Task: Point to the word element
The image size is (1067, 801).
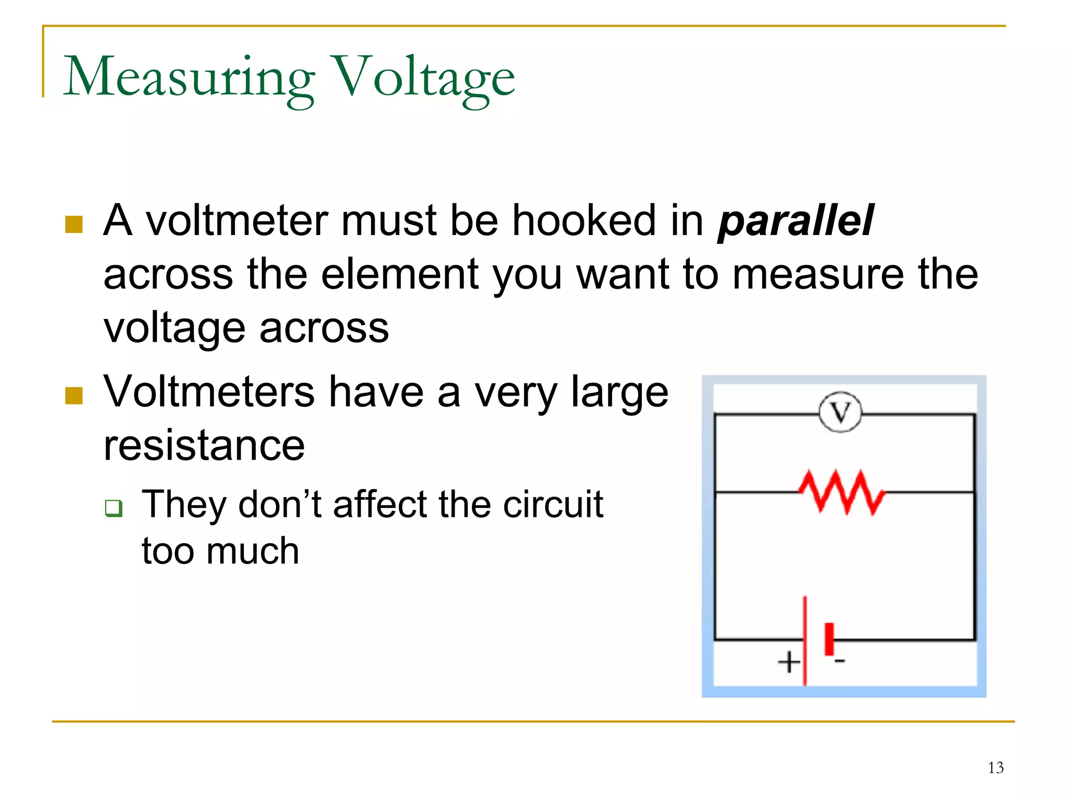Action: pyautogui.click(x=400, y=275)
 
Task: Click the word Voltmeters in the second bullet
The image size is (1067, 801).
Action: pyautogui.click(x=209, y=392)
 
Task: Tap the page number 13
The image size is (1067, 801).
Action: pyautogui.click(x=996, y=768)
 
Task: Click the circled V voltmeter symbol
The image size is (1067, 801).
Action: pyautogui.click(x=840, y=412)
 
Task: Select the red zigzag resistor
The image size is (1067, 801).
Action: pyautogui.click(x=841, y=492)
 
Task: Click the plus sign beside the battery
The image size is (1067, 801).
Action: pyautogui.click(x=789, y=662)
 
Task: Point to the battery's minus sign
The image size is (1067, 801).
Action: pyautogui.click(x=839, y=661)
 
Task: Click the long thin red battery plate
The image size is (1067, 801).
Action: pyautogui.click(x=805, y=640)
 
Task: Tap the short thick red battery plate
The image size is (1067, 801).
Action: pyautogui.click(x=829, y=638)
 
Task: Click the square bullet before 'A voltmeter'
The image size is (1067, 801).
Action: pyautogui.click(x=74, y=225)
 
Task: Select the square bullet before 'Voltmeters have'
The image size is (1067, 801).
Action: pyautogui.click(x=74, y=396)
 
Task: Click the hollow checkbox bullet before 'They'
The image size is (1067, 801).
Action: pyautogui.click(x=113, y=508)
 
